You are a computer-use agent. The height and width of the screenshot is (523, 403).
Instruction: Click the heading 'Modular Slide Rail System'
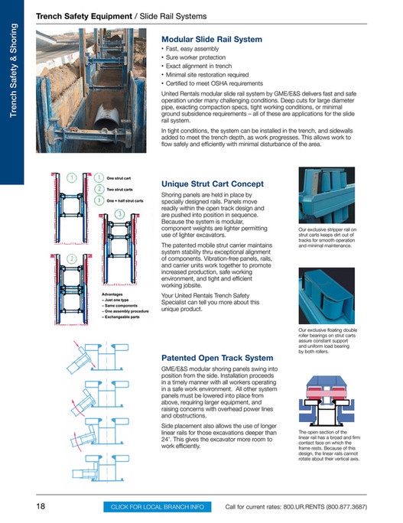coord(211,39)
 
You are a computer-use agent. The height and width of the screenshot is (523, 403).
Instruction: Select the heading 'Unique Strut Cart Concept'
coord(213,184)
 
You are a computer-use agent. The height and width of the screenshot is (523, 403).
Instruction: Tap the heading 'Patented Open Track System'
coord(216,357)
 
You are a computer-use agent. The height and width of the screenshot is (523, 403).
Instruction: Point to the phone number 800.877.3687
coord(349,506)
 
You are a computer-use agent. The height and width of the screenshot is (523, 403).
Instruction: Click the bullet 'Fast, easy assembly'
coord(193,50)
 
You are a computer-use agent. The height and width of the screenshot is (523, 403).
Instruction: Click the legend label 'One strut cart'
coord(120,177)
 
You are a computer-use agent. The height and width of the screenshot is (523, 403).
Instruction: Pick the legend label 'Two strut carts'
coord(121,189)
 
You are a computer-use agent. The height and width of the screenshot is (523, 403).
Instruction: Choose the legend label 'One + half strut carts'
coord(125,200)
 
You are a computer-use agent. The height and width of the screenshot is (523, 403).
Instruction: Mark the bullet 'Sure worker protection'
coord(195,58)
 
